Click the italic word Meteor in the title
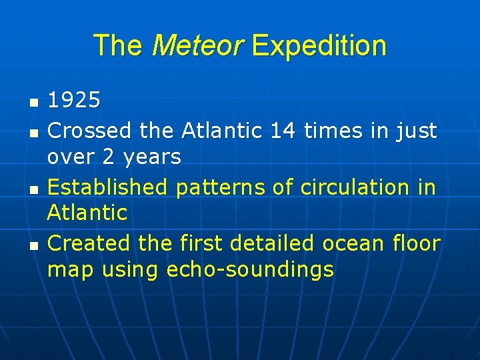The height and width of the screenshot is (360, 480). click(x=198, y=46)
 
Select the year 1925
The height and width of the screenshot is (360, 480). click(x=74, y=101)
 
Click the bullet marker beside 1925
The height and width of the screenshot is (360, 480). click(x=34, y=103)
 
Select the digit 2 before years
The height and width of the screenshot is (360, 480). click(x=109, y=157)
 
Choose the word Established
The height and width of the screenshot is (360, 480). click(x=109, y=187)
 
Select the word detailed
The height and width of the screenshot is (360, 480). click(x=271, y=243)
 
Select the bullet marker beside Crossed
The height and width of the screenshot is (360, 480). click(x=34, y=133)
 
